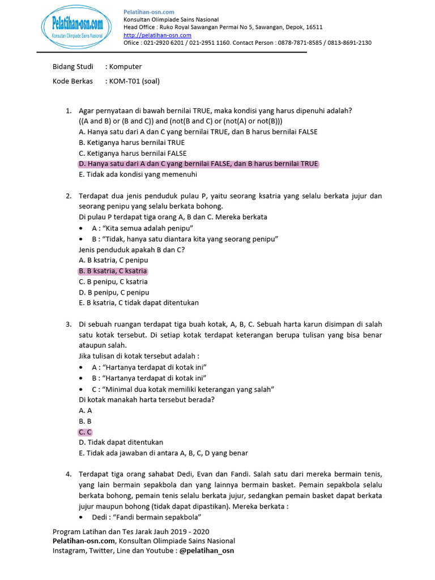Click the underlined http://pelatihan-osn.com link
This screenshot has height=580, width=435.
[157, 35]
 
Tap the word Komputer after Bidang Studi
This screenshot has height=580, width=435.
[125, 67]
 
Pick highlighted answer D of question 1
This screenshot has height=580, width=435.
[198, 164]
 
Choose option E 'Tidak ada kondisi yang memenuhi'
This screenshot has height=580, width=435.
[138, 174]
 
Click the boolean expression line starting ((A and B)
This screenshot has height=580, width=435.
[181, 121]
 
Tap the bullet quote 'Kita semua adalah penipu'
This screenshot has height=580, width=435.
[139, 228]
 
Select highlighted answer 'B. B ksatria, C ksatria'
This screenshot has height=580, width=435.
[113, 271]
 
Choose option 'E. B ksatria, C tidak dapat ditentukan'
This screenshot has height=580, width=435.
[139, 303]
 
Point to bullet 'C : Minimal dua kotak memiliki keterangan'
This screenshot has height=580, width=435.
[182, 389]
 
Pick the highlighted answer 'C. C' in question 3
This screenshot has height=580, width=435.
[86, 432]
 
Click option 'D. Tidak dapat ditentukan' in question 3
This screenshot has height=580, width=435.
[121, 442]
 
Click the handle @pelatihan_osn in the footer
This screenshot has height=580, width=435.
[207, 550]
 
